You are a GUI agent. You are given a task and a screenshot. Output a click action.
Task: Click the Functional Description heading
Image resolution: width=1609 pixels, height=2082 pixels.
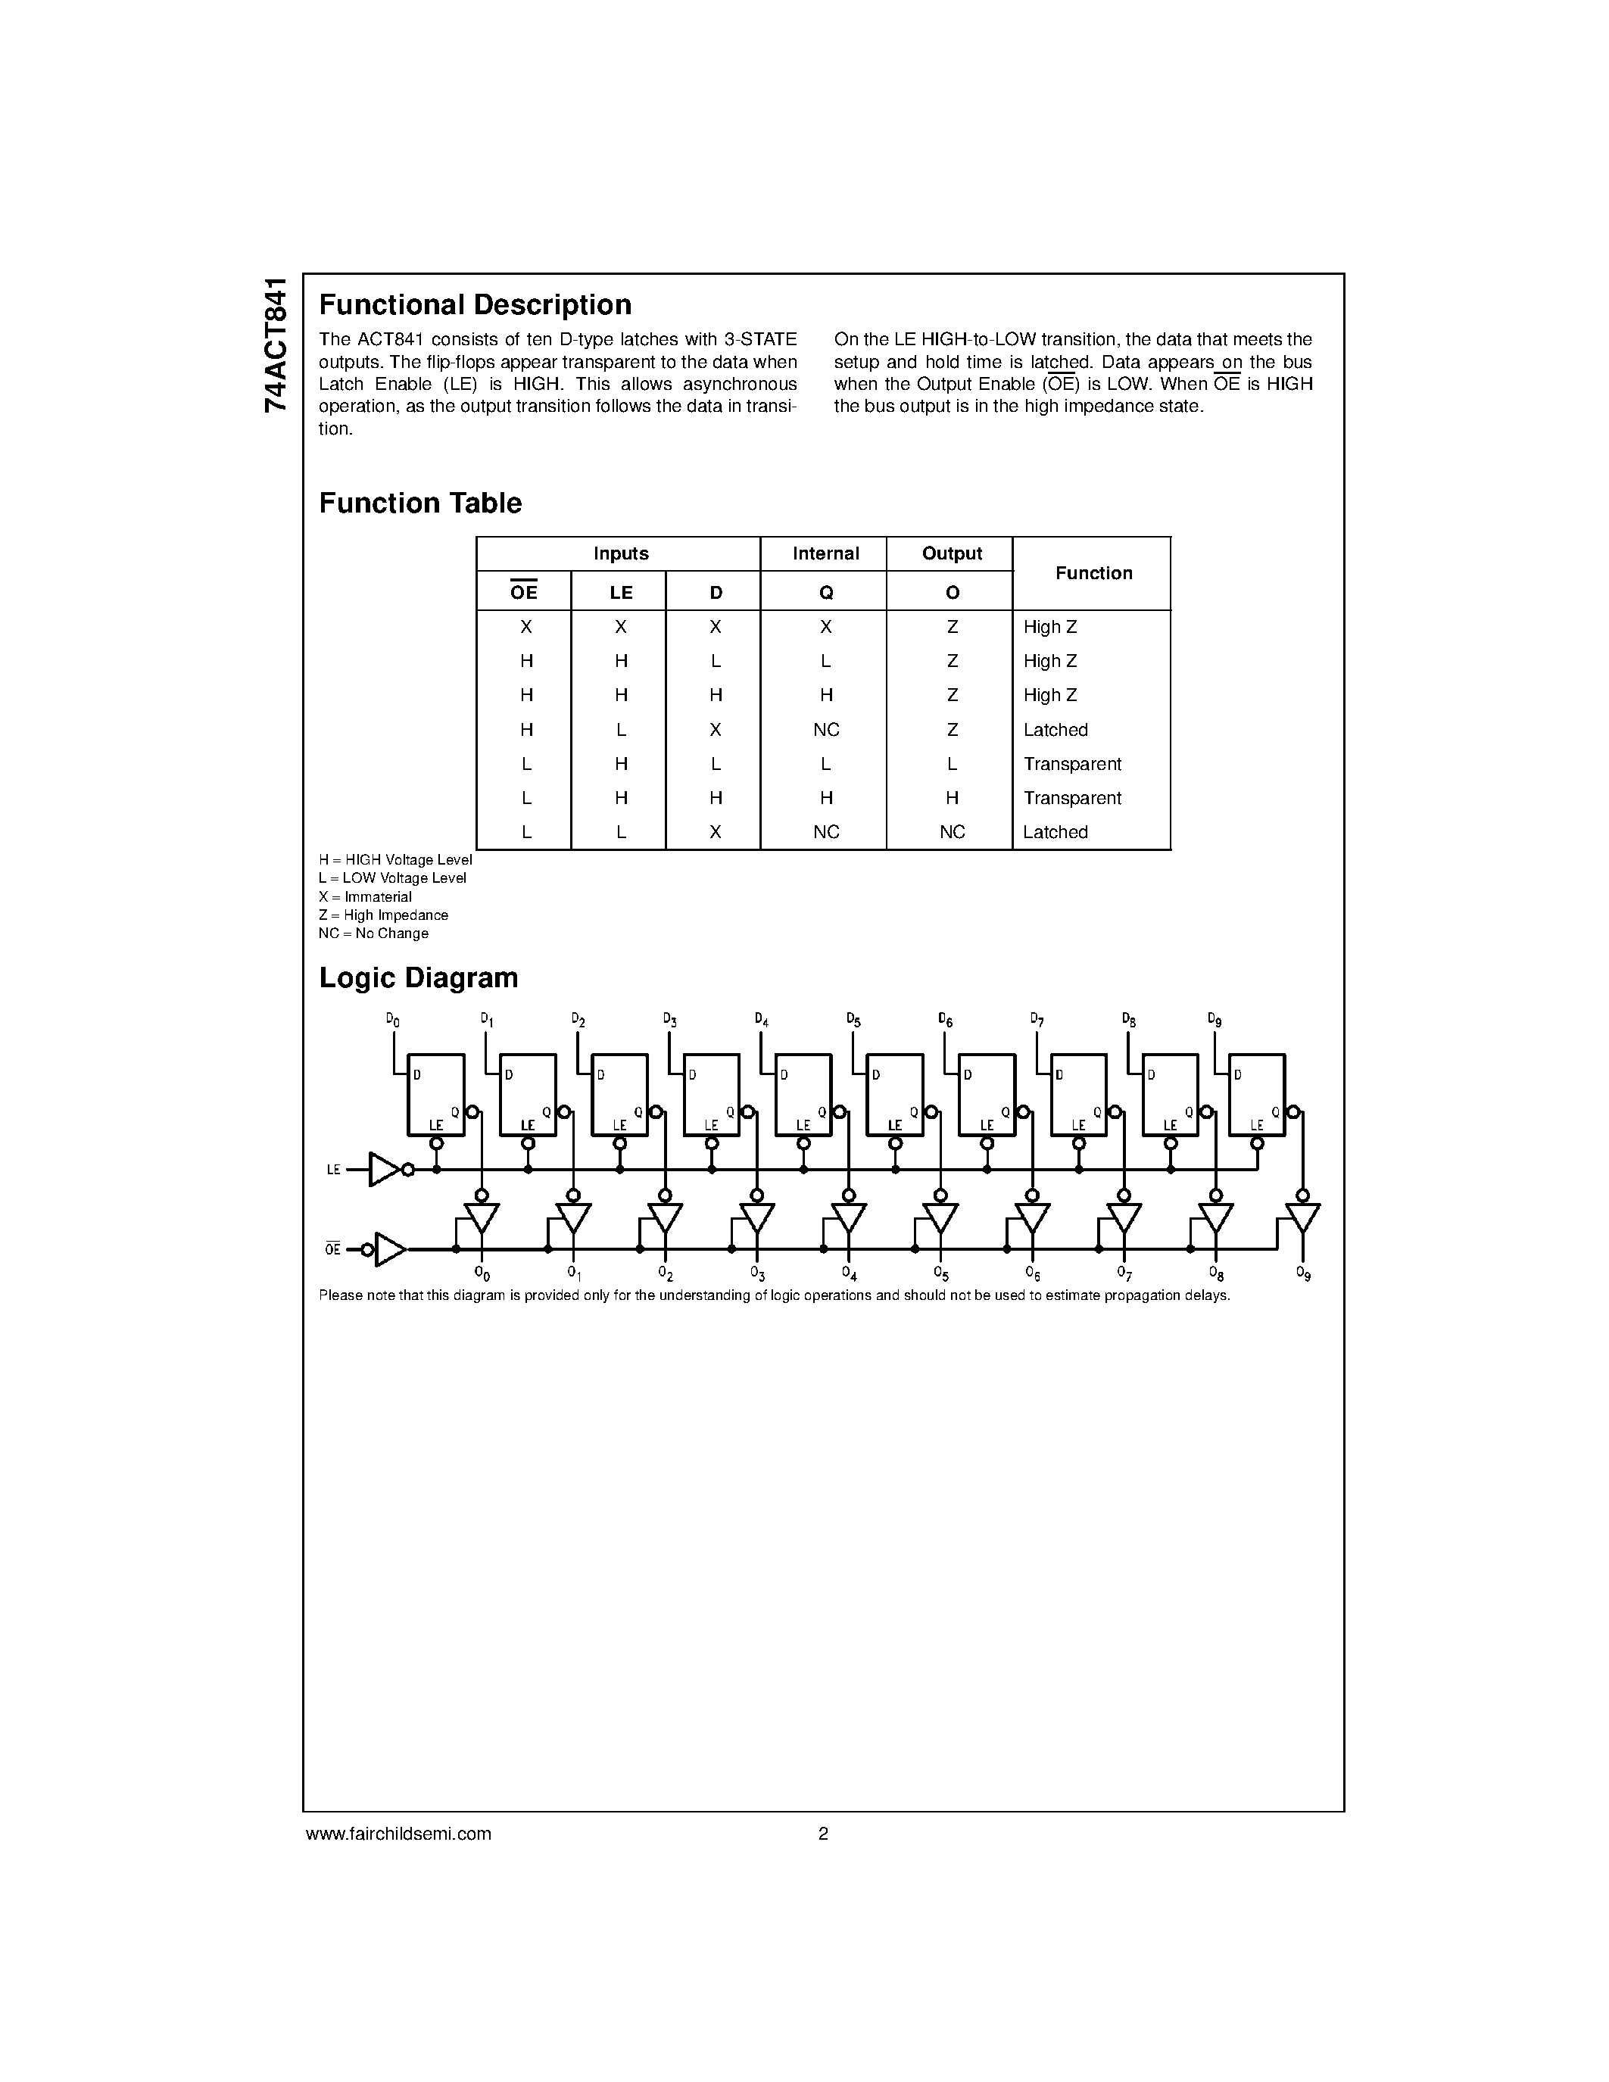click(475, 305)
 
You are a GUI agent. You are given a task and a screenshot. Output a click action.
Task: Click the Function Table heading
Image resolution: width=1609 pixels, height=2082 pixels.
click(420, 503)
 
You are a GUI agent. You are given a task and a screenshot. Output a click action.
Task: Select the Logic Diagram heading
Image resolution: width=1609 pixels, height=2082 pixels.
click(419, 978)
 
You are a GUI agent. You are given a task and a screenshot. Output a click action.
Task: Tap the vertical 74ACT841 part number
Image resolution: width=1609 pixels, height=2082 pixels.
click(276, 345)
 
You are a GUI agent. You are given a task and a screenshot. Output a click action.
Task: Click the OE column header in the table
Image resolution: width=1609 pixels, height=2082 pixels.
click(523, 592)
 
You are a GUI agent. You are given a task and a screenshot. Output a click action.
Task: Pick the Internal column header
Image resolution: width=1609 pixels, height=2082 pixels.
click(825, 554)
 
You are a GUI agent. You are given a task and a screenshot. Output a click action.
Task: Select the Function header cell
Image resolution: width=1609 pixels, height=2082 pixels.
click(1093, 573)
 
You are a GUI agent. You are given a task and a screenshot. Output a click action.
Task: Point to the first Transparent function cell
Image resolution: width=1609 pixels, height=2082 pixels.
click(1071, 764)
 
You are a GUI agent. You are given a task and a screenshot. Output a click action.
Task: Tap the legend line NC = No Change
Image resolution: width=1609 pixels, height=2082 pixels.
click(373, 933)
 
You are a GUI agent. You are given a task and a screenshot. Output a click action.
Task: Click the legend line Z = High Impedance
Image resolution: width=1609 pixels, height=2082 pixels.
click(383, 915)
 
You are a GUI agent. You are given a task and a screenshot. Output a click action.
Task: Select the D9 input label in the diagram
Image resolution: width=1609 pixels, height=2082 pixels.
click(1215, 1020)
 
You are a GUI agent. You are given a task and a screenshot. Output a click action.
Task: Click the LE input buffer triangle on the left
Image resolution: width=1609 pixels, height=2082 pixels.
click(382, 1170)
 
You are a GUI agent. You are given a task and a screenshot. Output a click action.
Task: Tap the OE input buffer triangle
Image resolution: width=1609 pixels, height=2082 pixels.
click(389, 1248)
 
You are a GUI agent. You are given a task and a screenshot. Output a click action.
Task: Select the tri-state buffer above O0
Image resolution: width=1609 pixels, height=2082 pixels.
click(482, 1217)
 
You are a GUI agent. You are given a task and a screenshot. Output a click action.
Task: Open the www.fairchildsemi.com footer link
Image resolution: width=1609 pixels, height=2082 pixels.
click(398, 1833)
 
